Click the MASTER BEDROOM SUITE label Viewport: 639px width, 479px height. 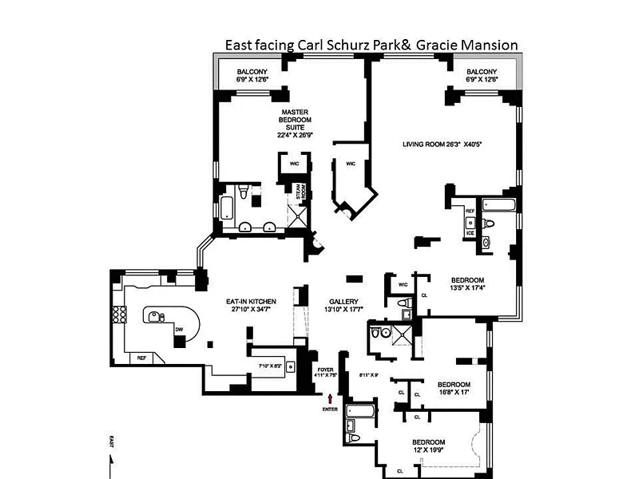(294, 123)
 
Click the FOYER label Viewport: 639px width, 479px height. (325, 371)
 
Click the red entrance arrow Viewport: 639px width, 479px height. (330, 397)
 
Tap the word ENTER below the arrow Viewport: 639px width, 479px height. (330, 410)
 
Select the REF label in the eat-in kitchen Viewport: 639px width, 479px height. (142, 357)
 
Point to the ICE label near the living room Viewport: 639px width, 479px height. (470, 232)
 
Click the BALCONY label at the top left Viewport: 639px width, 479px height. (252, 75)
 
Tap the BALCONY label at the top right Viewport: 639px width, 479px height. (482, 75)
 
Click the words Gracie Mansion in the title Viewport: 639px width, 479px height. (476, 45)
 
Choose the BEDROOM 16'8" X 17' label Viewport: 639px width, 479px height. (453, 387)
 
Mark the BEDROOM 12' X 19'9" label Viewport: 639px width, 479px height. (428, 446)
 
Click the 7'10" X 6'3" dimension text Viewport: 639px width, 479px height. (268, 366)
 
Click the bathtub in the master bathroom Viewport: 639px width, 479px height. (226, 208)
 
